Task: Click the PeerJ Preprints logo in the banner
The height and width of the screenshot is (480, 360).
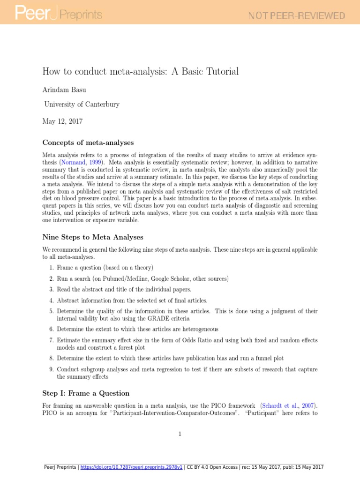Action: pyautogui.click(x=59, y=15)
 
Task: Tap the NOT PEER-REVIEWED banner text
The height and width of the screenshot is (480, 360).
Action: pyautogui.click(x=297, y=15)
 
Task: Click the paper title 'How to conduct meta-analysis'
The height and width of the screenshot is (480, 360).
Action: pyautogui.click(x=141, y=72)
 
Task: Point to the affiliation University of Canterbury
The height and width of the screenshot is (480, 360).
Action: pyautogui.click(x=82, y=104)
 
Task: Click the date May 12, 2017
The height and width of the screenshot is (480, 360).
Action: pyautogui.click(x=62, y=121)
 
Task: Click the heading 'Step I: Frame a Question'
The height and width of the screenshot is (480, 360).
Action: pyautogui.click(x=86, y=393)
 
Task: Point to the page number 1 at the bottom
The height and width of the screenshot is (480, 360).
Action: pyautogui.click(x=180, y=434)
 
